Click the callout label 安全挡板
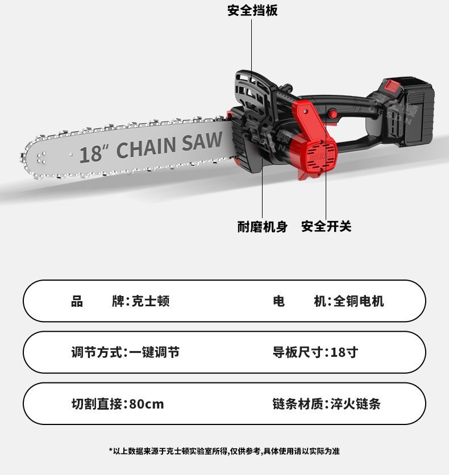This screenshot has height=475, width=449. point(252,10)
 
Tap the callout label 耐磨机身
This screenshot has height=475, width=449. point(263,227)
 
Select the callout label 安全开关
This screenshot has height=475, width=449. point(326,226)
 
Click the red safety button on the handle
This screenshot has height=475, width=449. point(333,114)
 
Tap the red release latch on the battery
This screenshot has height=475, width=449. point(392,85)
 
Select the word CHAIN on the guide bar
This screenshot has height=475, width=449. point(146,147)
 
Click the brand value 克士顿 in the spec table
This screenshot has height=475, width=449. point(151,301)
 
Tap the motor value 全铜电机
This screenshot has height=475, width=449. point(359,301)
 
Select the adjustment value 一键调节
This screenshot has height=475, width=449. point(154,352)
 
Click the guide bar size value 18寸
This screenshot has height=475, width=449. point(344,352)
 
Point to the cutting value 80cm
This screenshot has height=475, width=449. point(147,404)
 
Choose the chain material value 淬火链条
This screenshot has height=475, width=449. point(356,404)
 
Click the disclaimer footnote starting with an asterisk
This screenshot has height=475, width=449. point(224,451)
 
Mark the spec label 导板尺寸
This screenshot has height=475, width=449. point(298,352)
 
